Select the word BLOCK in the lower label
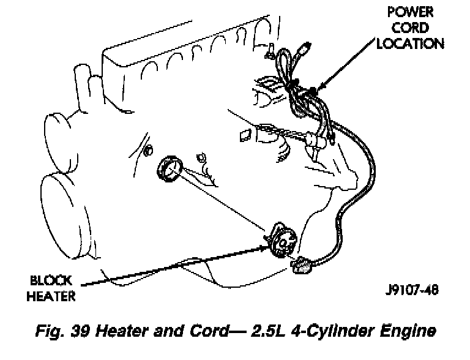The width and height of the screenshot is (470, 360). [x=53, y=282]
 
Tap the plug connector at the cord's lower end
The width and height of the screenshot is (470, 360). [x=302, y=265]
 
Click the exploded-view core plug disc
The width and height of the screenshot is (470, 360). [x=169, y=170]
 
